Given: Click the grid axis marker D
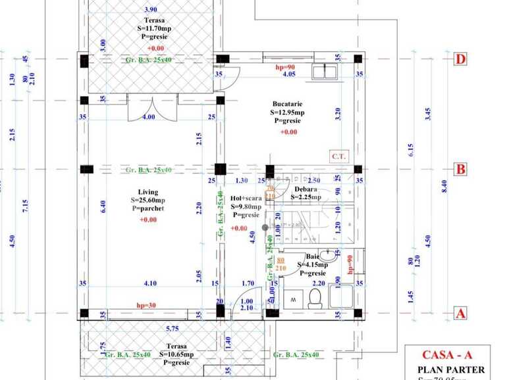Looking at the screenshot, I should [x=461, y=59].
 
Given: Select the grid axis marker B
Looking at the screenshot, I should [x=461, y=170].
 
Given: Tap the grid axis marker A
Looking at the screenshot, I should [x=461, y=314].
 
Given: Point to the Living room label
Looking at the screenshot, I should [x=148, y=192].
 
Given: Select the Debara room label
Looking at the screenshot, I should [x=307, y=189].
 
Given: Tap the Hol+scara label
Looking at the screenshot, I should [x=246, y=198].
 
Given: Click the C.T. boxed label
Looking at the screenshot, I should [x=339, y=156].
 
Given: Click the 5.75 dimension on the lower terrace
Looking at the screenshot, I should [x=173, y=328].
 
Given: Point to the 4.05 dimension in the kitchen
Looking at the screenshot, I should [x=288, y=74].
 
